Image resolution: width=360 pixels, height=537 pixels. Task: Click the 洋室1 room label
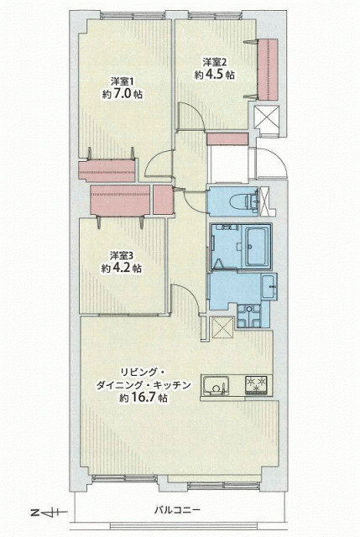point(122,82)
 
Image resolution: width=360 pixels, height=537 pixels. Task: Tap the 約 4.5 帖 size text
point(215,75)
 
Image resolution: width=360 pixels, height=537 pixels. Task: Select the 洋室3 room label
point(121,255)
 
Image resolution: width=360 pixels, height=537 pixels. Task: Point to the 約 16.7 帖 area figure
point(143,398)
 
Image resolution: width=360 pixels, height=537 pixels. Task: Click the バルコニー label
point(176,510)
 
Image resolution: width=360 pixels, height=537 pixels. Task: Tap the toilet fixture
point(248,201)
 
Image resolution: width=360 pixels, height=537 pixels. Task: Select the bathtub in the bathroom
point(257,246)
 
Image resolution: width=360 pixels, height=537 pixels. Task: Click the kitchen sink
point(217,386)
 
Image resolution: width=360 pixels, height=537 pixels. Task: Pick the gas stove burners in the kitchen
point(257,384)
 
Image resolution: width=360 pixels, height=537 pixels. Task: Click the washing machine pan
point(250,315)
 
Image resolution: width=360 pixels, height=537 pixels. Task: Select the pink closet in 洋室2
point(268,69)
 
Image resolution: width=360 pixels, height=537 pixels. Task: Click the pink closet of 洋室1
point(107,170)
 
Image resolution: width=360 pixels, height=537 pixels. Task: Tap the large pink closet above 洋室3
point(120,201)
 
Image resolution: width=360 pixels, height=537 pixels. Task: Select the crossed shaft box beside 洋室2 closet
point(267,117)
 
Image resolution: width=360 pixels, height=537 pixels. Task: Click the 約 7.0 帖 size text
point(122,94)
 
